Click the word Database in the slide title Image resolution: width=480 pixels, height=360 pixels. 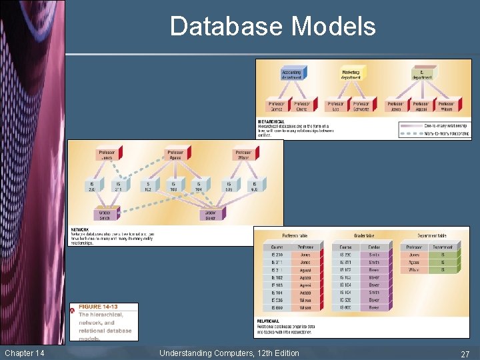227,27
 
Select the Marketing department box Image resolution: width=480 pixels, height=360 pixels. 351,74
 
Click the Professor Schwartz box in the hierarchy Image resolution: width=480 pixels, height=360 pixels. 361,106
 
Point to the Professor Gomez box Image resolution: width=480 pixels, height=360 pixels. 277,106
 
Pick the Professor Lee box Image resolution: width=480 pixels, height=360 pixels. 335,106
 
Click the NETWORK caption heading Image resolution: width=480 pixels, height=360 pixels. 80,230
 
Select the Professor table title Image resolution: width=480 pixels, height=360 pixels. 296,235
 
